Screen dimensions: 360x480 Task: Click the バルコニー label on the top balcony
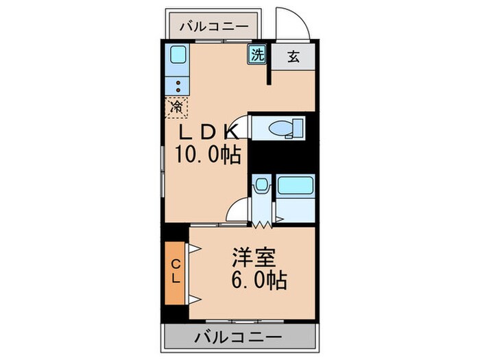[215, 27]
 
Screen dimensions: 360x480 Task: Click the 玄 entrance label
[293, 57]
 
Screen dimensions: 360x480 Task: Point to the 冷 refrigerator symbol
[176, 107]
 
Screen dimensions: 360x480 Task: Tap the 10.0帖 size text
[208, 156]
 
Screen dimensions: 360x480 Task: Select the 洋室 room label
[254, 259]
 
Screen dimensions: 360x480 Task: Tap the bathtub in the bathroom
[294, 187]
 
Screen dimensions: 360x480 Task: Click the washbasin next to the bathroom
[261, 185]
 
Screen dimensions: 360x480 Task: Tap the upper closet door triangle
[194, 251]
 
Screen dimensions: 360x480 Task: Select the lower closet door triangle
[194, 298]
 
